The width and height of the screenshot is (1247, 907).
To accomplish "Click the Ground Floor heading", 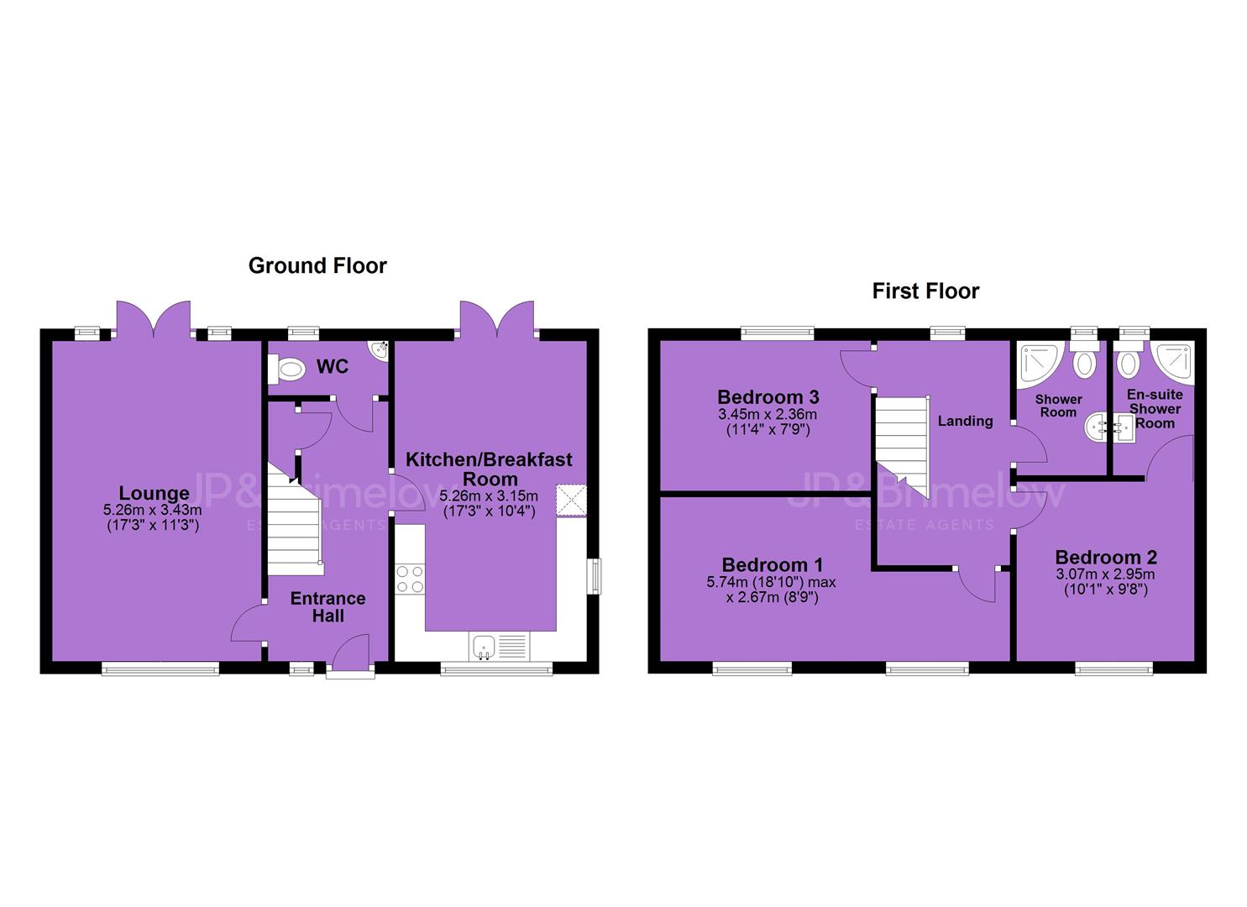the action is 317,265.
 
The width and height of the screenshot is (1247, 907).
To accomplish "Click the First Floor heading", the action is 925,291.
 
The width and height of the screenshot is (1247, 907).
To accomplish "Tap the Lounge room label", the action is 154,493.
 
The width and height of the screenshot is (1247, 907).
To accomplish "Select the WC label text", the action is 333,366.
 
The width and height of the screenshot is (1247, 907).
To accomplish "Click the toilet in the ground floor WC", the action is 286,370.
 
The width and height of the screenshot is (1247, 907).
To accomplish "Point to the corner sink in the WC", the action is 380,350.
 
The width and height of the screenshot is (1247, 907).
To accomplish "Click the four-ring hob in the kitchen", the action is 410,579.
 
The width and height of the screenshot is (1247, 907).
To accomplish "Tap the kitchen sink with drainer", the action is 500,647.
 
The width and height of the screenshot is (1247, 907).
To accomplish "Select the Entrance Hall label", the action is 327,607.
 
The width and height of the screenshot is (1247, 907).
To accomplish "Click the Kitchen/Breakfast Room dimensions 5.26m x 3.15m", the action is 489,495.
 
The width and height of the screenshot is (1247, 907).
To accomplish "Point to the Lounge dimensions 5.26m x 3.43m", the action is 153,510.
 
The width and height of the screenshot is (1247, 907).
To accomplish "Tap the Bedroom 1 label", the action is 773,564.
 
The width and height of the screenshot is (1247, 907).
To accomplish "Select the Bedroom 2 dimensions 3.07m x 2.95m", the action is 1105,574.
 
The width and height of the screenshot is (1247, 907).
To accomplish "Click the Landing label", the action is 966,421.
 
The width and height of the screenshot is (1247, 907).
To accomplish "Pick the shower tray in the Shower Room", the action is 1040,364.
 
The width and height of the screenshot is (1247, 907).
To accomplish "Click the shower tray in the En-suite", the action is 1171,363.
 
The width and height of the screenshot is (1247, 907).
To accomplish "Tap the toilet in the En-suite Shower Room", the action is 1129,359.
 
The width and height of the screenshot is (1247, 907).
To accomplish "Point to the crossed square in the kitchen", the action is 571,501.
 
